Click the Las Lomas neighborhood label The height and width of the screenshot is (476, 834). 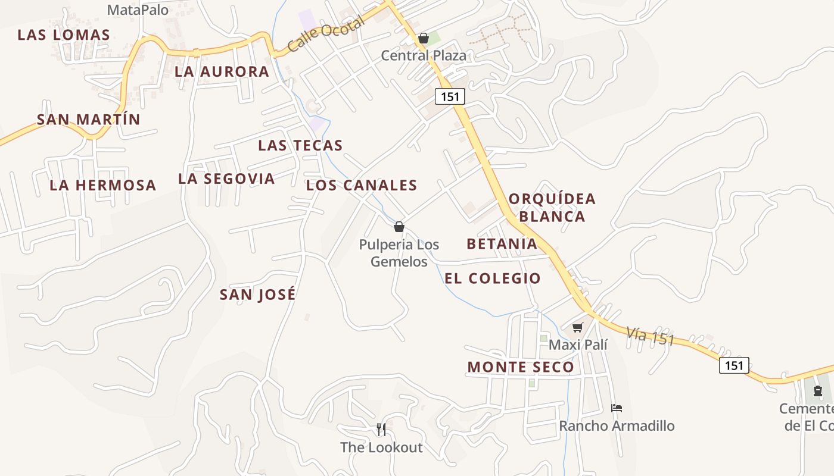(64, 35)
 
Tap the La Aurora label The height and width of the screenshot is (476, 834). (222, 71)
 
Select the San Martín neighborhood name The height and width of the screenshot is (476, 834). (89, 119)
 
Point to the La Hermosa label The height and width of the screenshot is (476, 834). (102, 185)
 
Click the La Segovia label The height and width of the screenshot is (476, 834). (226, 178)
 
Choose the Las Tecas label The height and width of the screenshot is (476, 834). (300, 145)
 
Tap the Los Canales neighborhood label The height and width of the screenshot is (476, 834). (362, 185)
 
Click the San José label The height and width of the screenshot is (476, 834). (258, 295)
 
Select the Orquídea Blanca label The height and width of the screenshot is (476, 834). (552, 207)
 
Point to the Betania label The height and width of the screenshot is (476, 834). (502, 243)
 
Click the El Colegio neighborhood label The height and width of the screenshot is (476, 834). (493, 278)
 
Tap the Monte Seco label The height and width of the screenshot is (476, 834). (521, 367)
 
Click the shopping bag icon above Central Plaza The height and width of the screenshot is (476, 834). (424, 39)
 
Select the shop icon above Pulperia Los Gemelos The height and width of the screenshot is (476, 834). (399, 227)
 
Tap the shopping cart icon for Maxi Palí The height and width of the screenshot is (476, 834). (577, 327)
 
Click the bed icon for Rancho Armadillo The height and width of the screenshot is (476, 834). (617, 408)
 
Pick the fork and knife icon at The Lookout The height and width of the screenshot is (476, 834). (381, 429)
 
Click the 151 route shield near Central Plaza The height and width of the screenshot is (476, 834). (449, 96)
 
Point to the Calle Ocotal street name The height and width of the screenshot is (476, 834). (325, 35)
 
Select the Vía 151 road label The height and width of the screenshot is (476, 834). (650, 336)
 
